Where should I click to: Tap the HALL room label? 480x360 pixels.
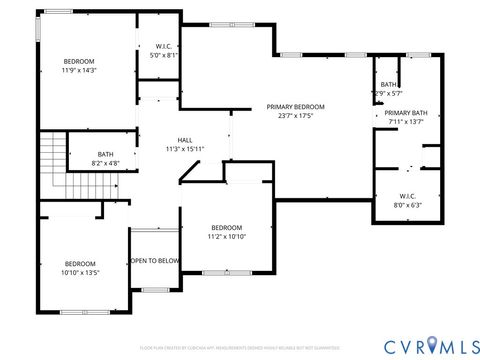[185, 140]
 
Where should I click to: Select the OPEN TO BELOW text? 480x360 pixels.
[154, 260]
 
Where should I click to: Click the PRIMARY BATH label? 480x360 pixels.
[406, 114]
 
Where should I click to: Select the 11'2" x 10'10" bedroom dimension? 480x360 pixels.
[226, 236]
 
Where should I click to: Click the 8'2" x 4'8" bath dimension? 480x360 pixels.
[105, 163]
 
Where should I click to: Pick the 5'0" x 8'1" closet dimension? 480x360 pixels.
[164, 56]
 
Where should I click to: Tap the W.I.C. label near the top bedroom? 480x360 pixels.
[164, 47]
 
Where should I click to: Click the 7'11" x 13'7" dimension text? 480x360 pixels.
[406, 123]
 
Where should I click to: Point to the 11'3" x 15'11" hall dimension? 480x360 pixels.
[185, 149]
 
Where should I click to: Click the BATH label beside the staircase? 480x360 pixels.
[105, 154]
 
